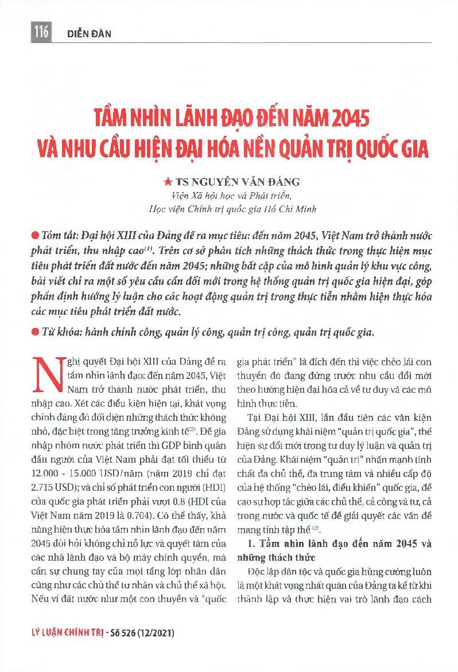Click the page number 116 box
41,33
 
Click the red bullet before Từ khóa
37,331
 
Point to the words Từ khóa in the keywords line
60,331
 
